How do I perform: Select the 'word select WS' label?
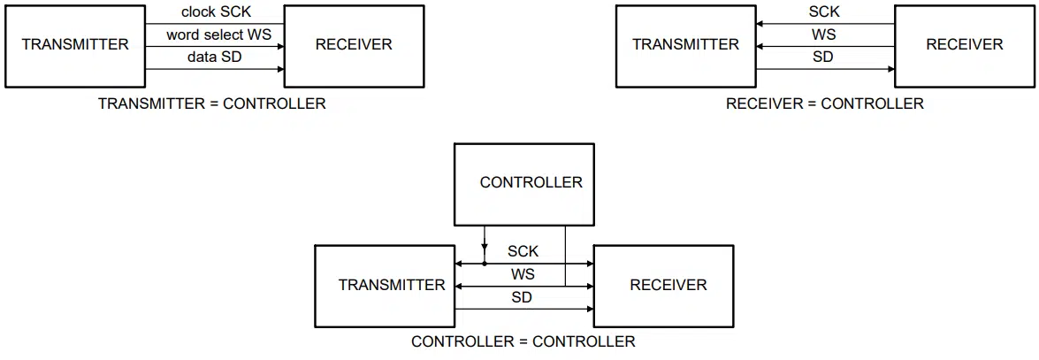pyautogui.click(x=219, y=35)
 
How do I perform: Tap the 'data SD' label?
pyautogui.click(x=214, y=57)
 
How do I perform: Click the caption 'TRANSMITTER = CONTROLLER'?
pyautogui.click(x=212, y=104)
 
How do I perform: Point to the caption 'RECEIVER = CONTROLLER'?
pyautogui.click(x=824, y=104)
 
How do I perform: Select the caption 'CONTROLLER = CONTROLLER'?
pyautogui.click(x=523, y=342)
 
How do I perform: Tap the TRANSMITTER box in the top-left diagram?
pyautogui.click(x=75, y=45)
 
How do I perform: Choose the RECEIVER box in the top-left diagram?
pyautogui.click(x=354, y=45)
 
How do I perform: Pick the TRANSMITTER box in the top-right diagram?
pyautogui.click(x=686, y=45)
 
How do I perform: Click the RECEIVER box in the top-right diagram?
pyautogui.click(x=965, y=45)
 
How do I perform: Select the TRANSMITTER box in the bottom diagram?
pyautogui.click(x=385, y=286)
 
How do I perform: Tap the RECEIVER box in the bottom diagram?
pyautogui.click(x=663, y=286)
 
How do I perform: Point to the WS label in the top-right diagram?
pyautogui.click(x=823, y=35)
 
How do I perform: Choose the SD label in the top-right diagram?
pyautogui.click(x=823, y=57)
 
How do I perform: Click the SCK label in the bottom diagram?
pyautogui.click(x=523, y=252)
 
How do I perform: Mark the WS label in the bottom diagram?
pyautogui.click(x=523, y=274)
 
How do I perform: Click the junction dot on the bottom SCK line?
pyautogui.click(x=485, y=264)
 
